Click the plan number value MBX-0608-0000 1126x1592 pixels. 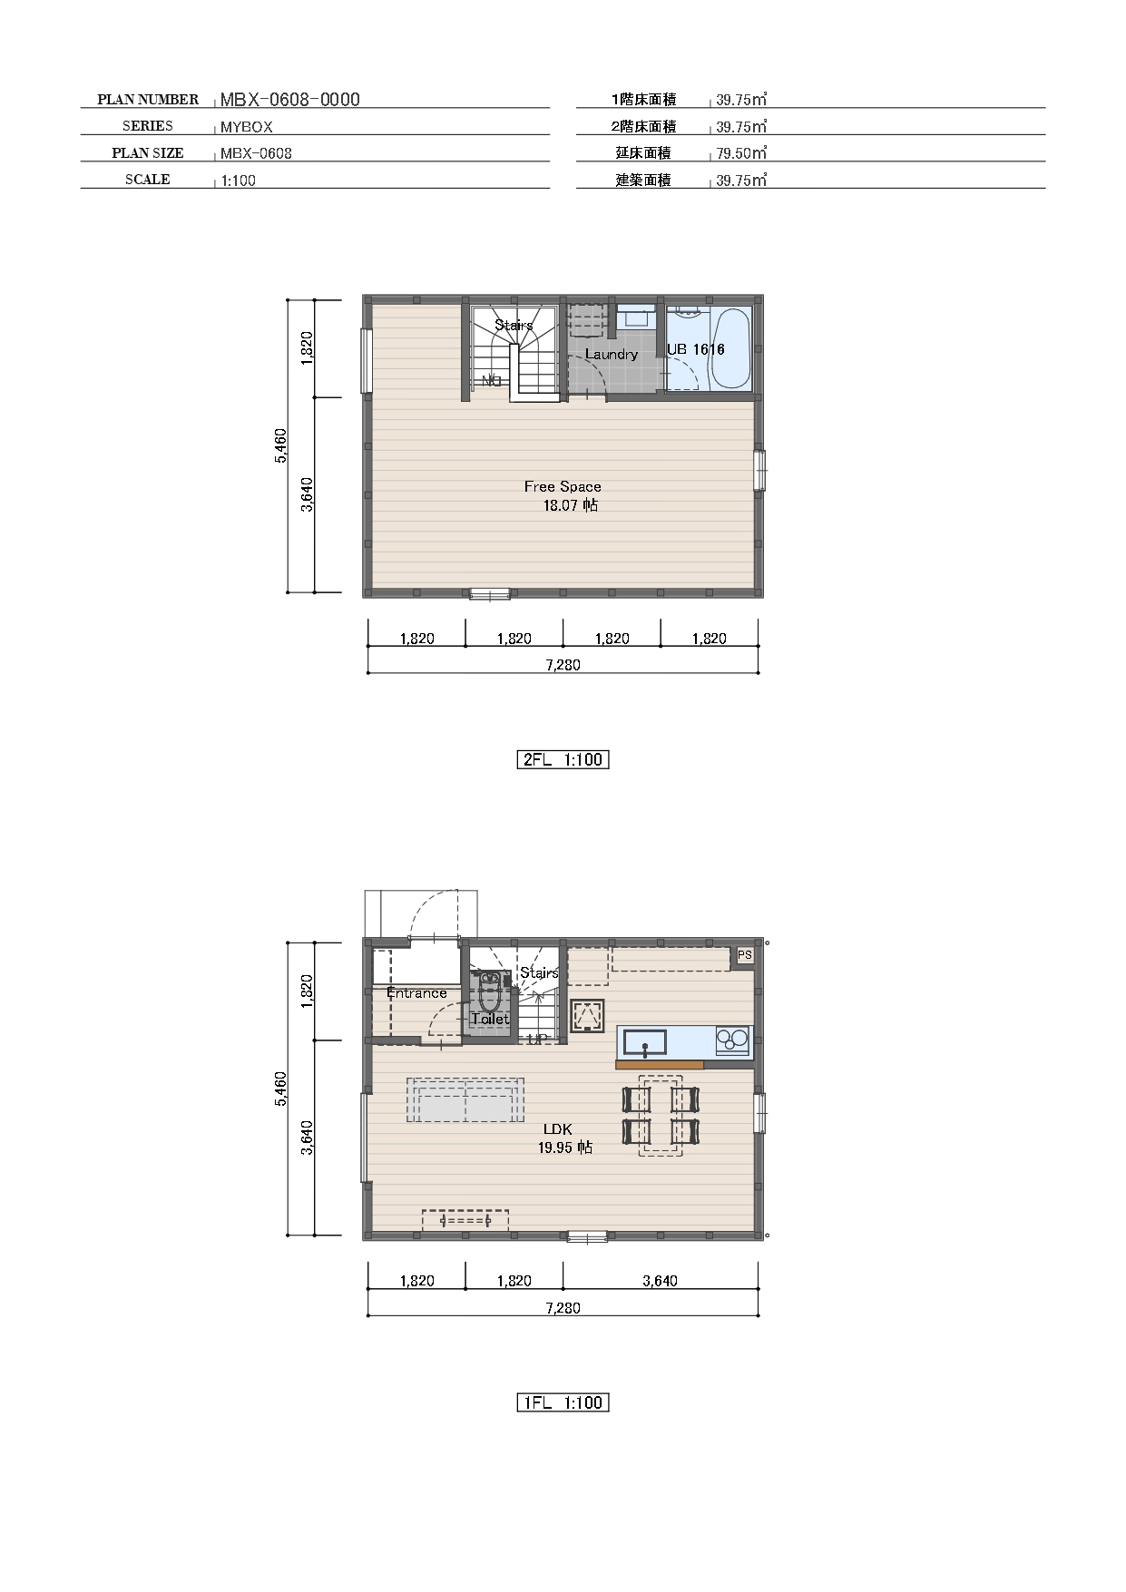289,100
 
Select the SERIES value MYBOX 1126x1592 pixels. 246,127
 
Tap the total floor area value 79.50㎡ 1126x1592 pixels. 741,153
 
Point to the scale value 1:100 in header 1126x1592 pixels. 239,181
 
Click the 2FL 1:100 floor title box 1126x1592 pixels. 563,759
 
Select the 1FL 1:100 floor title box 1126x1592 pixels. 563,1402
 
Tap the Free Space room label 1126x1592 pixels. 563,486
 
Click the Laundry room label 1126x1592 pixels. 611,354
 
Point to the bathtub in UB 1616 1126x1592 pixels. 730,348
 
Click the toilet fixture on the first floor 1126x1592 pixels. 489,994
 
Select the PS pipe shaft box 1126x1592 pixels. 744,955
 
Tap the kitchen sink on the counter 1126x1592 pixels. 644,1041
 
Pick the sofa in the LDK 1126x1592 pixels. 465,1100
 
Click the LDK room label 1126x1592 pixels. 557,1129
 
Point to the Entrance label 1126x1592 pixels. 416,992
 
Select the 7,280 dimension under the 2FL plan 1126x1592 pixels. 563,665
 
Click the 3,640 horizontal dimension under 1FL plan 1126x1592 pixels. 660,1281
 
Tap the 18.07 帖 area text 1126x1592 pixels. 570,505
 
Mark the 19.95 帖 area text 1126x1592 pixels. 564,1148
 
